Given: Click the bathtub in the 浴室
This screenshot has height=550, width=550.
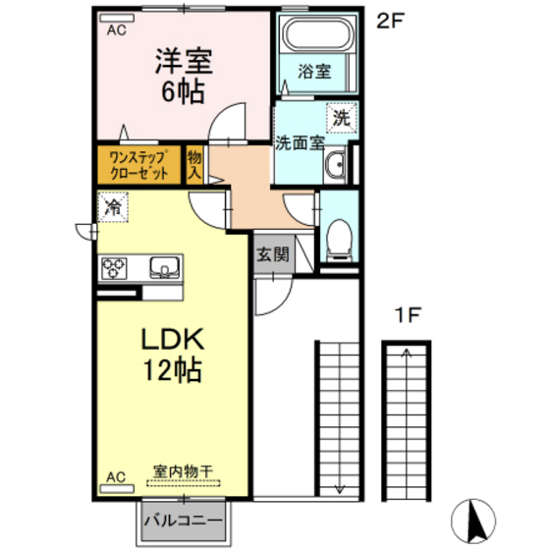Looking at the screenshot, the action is tap(316, 33).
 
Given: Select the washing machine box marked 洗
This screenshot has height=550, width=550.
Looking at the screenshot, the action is tap(342, 118).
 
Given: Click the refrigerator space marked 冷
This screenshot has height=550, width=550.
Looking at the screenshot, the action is tap(113, 207).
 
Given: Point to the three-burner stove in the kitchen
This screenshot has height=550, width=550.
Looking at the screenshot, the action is tap(114, 268).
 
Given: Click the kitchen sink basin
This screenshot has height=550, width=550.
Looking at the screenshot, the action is tap(165, 267).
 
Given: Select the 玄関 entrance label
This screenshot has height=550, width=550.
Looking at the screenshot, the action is tap(273, 254).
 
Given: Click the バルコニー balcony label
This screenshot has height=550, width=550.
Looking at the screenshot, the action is tap(184, 521).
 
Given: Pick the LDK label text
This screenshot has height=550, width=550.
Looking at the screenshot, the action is tap(173, 339).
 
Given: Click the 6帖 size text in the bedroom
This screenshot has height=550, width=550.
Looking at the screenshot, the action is tap(183, 91).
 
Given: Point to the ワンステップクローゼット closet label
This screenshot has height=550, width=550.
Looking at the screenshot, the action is tap(138, 165).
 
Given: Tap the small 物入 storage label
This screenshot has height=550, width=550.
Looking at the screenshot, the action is tap(194, 165).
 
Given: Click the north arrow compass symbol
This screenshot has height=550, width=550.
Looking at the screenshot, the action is tap(473, 521).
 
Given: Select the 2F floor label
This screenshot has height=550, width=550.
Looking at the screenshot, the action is tap(391, 21).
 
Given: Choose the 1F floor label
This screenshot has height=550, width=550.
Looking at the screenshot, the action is tap(408, 314).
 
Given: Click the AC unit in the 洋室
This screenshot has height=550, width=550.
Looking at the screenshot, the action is tap(117, 18).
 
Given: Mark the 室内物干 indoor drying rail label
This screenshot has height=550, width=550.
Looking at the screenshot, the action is tap(183, 471).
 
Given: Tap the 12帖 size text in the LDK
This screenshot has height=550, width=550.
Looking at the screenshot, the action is tap(173, 369).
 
